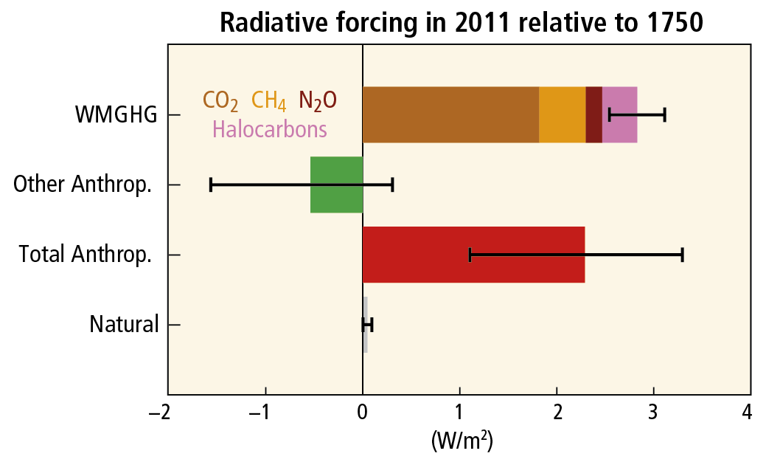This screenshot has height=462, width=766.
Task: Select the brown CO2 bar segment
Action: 450,114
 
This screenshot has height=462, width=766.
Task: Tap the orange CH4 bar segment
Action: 562,114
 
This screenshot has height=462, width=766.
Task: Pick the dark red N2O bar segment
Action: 593,114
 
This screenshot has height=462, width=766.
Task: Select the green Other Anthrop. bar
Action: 336,185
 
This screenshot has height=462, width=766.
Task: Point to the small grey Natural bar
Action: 365,325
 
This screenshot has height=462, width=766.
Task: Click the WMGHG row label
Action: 116,114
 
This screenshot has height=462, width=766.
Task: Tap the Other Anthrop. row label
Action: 83,185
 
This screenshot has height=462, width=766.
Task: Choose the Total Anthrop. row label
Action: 86,255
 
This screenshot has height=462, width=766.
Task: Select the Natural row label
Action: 124,325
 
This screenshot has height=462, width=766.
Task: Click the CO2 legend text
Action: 220,100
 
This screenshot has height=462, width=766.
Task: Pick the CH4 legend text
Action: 269,100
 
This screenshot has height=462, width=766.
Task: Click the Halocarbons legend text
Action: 270,129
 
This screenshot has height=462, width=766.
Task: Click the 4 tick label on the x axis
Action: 749,411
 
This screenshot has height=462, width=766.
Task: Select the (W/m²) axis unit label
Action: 462,441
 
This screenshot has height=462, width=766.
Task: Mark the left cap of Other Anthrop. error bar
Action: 211,185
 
